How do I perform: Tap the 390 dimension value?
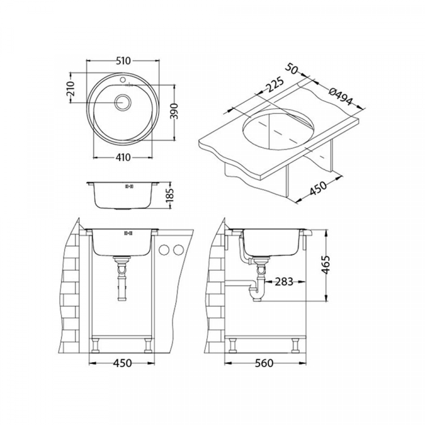point(176,112)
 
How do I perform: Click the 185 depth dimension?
point(176,195)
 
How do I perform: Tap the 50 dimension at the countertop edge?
point(293,69)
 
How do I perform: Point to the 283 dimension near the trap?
point(285,282)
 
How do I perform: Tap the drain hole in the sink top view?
point(122,103)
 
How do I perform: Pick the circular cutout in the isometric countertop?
point(277,128)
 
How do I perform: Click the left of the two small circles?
point(165,250)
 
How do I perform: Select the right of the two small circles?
point(178,250)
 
